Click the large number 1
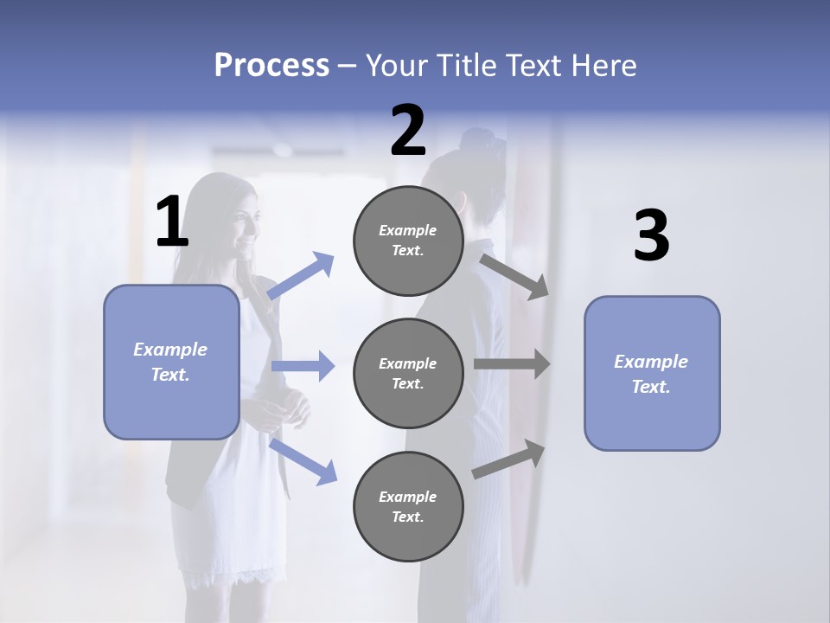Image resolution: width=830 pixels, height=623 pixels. coord(172,222)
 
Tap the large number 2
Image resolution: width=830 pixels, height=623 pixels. coord(408,131)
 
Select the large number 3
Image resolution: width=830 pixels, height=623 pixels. coord(651,236)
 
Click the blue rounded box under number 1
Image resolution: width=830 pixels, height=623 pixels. coord(171,362)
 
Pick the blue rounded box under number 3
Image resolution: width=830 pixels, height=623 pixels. coord(652,373)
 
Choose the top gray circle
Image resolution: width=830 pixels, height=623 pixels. coord(408,241)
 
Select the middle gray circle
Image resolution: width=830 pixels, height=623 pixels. coord(408,373)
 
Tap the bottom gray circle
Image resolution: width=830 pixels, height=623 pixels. coord(408,506)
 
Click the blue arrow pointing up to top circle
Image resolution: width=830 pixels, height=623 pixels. coord(301,276)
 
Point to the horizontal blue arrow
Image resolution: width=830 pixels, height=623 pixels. coord(303,366)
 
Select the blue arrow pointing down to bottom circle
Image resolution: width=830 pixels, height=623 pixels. coord(303,460)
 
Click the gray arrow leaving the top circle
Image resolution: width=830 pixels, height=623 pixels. coord(514,276)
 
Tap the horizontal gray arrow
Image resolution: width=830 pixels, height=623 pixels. coord(512,364)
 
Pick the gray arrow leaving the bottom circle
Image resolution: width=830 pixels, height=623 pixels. coord(509,459)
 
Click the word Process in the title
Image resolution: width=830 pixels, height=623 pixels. coord(271,65)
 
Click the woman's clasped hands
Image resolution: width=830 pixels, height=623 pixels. coord(290,408)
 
